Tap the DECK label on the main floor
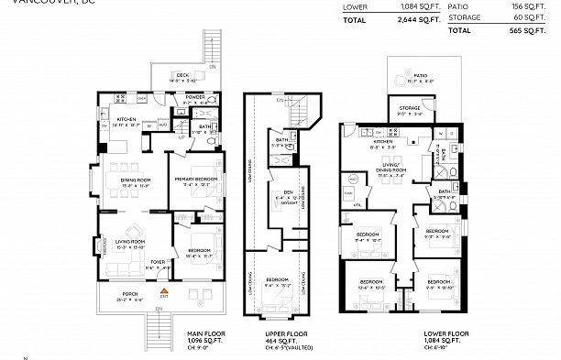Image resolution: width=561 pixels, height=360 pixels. pos(182,76)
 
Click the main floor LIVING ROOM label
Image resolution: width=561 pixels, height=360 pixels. pos(123,242)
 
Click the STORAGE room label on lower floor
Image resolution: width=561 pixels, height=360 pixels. pos(409,109)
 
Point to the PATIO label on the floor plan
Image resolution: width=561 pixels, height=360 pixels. pos(420,77)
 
